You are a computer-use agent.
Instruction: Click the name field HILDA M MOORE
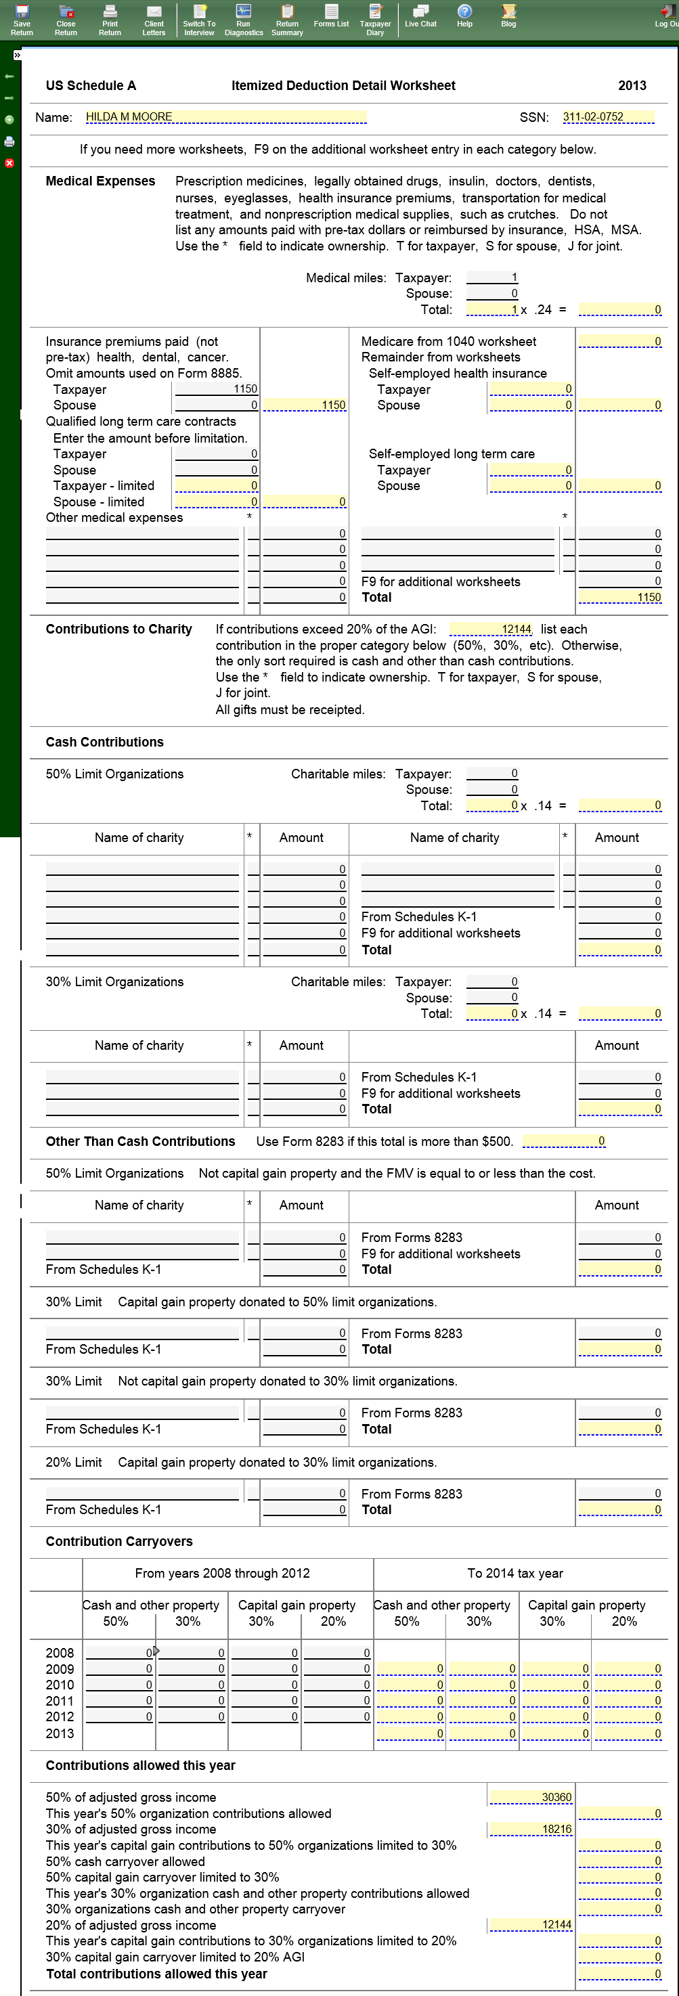click(x=225, y=117)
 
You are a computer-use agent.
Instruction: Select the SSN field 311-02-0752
click(x=608, y=117)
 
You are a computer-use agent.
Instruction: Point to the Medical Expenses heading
click(x=100, y=181)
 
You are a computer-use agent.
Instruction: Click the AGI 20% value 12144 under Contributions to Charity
click(x=491, y=629)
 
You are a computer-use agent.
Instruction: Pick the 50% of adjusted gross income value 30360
click(x=530, y=1797)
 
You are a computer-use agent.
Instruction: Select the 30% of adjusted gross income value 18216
click(x=530, y=1829)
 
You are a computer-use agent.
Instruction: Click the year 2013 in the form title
click(x=632, y=85)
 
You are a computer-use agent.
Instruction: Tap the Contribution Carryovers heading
click(x=118, y=1541)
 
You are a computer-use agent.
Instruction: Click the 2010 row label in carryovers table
click(x=60, y=1685)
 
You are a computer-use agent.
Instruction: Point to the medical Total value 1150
click(x=620, y=598)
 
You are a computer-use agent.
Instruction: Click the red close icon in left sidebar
click(x=9, y=164)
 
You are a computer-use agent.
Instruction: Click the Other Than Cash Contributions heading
click(x=140, y=1141)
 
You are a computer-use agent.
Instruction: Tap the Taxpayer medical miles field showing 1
click(x=492, y=278)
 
